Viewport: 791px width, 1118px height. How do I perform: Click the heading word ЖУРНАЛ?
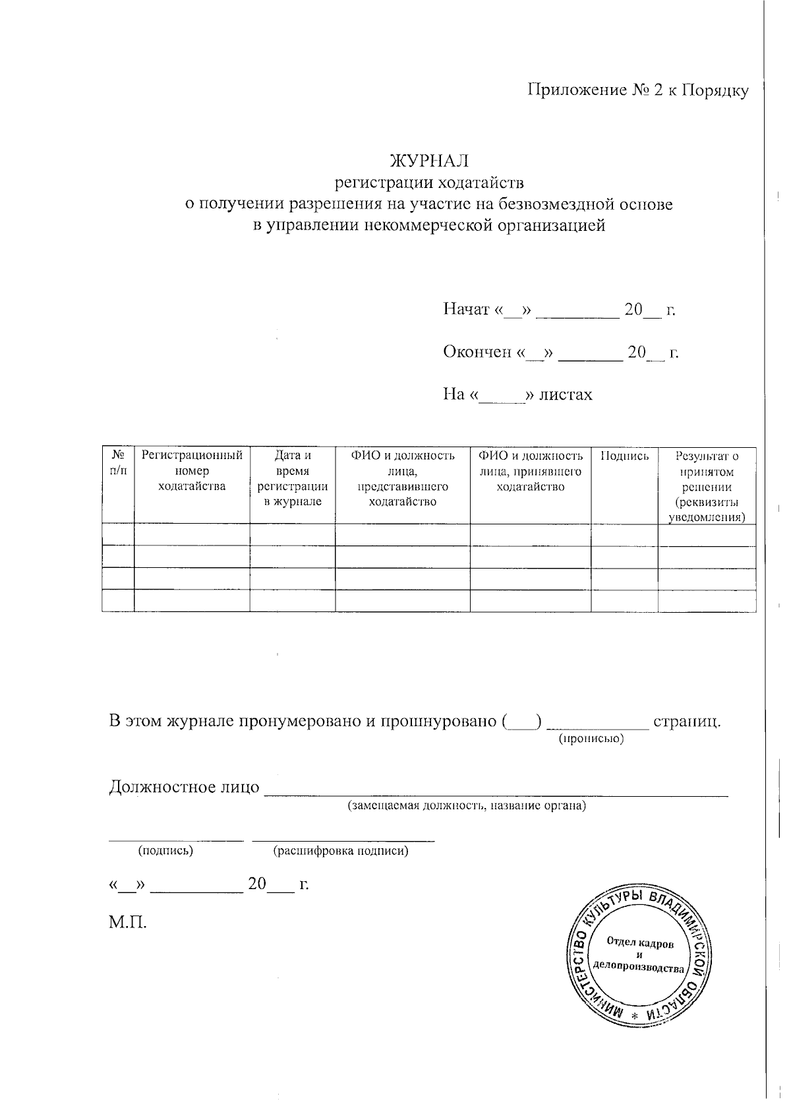coord(429,160)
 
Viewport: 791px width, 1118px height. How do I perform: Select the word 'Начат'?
coord(466,309)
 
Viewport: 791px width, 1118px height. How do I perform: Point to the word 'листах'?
coord(566,394)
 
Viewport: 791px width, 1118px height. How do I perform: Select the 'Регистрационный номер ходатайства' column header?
coord(192,471)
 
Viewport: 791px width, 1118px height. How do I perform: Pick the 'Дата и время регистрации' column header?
coord(292,478)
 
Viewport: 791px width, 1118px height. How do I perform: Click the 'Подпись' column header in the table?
coord(624,456)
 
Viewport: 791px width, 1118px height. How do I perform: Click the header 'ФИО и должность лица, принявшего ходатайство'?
coord(531,471)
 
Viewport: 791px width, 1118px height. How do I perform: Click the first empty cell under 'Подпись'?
coord(624,535)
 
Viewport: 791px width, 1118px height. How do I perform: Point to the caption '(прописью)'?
coord(591,739)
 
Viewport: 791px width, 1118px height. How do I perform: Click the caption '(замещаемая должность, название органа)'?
coord(467,805)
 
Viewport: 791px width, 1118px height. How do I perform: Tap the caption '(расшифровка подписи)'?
coord(341,851)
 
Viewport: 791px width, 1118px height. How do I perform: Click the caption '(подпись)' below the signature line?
coord(165,851)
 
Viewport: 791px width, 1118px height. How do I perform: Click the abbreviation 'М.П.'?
coord(128,921)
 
